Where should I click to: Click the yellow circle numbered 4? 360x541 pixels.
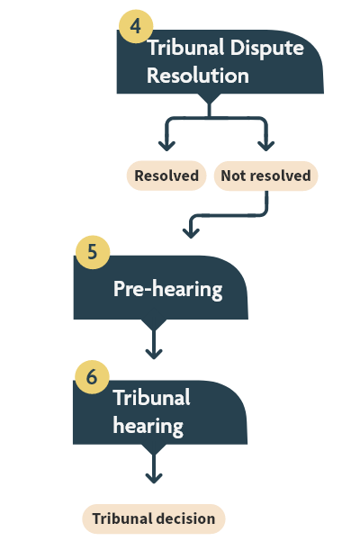coord(135,26)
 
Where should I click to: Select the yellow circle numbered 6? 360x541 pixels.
coord(91,376)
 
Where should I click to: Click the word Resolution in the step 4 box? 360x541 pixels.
coord(197,76)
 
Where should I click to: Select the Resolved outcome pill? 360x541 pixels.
coord(166,176)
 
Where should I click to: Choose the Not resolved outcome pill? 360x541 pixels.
coord(265,176)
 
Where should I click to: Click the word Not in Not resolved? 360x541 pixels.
coord(233,176)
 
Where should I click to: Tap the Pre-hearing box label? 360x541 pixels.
coord(167,289)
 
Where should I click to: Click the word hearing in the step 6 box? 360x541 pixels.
coord(148,424)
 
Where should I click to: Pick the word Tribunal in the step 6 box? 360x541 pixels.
coord(151,398)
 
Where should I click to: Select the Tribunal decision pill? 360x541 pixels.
coord(154,518)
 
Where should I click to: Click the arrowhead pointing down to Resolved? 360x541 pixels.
coord(166,144)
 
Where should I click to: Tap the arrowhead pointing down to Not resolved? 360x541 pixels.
coord(265,144)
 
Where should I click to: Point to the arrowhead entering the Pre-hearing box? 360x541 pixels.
coord(190,232)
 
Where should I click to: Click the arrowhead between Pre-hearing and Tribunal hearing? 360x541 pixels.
coord(154,352)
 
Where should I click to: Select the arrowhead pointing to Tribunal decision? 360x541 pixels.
coord(154,476)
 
